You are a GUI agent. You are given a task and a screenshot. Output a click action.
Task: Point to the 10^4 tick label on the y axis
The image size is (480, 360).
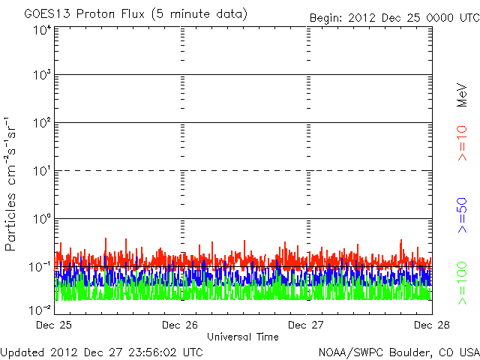click(42, 30)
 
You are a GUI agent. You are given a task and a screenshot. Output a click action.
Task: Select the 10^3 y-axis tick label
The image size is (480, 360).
click(42, 75)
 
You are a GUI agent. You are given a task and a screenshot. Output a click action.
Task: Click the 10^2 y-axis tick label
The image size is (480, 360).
click(42, 123)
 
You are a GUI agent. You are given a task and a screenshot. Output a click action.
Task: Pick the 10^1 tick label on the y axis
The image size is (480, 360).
click(42, 171)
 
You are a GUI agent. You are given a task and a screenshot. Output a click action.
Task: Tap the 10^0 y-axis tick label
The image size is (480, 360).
click(42, 219)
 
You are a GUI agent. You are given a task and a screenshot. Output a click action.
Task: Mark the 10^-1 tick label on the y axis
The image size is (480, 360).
click(40, 267)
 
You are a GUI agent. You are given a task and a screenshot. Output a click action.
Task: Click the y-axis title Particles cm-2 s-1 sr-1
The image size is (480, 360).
click(11, 183)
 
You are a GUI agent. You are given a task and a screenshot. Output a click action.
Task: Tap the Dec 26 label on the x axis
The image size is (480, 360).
click(179, 325)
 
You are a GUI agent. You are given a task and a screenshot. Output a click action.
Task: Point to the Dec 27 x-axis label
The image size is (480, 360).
click(305, 325)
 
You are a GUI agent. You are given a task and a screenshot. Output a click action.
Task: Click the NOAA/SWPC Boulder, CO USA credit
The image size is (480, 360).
click(397, 352)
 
